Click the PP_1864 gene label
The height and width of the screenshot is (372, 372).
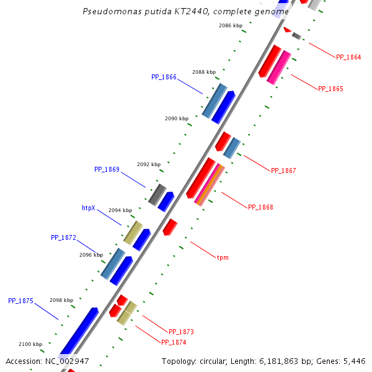[348, 57]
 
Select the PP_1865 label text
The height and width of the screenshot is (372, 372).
[330, 89]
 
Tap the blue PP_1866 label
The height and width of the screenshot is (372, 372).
[164, 77]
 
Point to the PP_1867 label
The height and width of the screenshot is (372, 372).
[283, 170]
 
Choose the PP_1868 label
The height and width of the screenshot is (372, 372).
[260, 207]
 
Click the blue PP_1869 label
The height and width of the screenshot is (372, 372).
[107, 169]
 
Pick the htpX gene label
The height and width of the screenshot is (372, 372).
[89, 208]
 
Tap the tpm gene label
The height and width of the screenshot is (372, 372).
[223, 257]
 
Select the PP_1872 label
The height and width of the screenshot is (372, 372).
[63, 237]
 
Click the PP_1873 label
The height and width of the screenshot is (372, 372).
[181, 332]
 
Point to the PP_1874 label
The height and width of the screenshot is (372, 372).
[174, 342]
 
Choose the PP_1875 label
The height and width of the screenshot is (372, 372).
[20, 301]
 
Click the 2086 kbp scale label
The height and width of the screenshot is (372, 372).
[231, 25]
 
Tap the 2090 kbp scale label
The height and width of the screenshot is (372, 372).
[176, 118]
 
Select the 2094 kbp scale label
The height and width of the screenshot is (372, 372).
[120, 210]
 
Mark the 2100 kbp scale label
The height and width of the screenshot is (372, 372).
[30, 344]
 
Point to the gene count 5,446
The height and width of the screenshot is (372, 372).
[355, 361]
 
